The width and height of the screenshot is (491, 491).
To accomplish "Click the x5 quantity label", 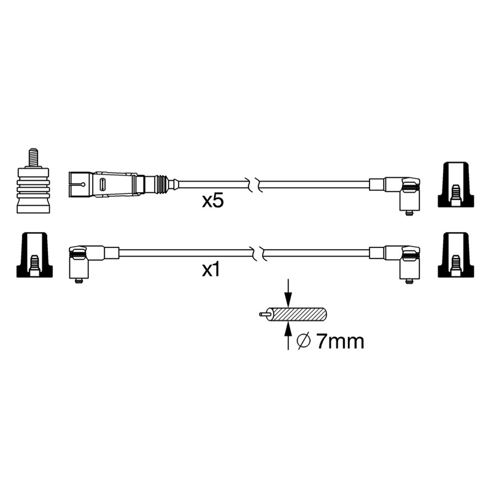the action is coord(213,201).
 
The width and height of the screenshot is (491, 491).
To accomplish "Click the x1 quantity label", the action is coord(211,270).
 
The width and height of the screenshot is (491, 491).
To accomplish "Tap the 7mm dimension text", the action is coord(340,342).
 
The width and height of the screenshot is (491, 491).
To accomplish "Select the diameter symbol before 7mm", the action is coord(303,342).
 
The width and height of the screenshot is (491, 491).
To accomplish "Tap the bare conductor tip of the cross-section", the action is coord(263,314).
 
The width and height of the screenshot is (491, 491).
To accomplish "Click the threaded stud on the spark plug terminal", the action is coord(33,158).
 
